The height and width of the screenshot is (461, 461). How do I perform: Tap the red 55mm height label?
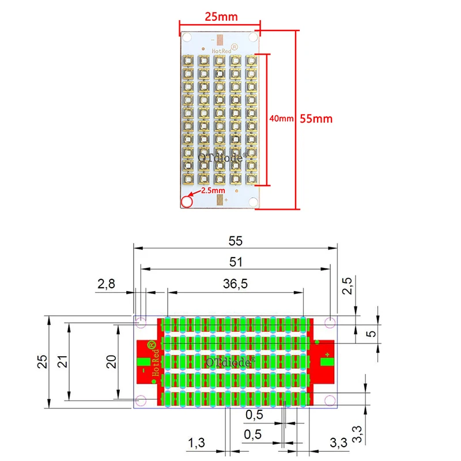pyautogui.click(x=315, y=119)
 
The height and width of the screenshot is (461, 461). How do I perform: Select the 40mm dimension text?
pyautogui.click(x=281, y=118)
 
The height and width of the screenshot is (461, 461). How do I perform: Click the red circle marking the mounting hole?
pyautogui.click(x=187, y=202)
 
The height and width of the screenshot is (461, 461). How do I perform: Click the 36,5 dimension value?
pyautogui.click(x=235, y=284)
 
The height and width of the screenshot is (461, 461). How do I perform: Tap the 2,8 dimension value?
pyautogui.click(x=107, y=284)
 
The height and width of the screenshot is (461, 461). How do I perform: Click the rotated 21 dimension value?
pyautogui.click(x=63, y=361)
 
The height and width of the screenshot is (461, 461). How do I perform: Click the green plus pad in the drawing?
pyautogui.click(x=327, y=362)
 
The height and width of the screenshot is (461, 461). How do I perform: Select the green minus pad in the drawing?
pyautogui.click(x=142, y=362)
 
